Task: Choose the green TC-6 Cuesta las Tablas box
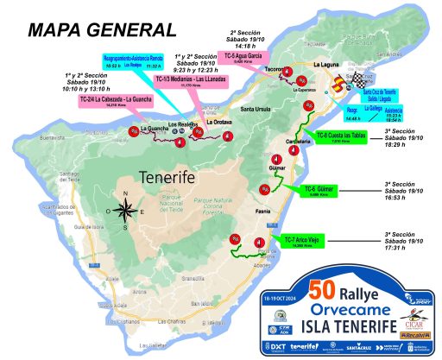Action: [x=338, y=136]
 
